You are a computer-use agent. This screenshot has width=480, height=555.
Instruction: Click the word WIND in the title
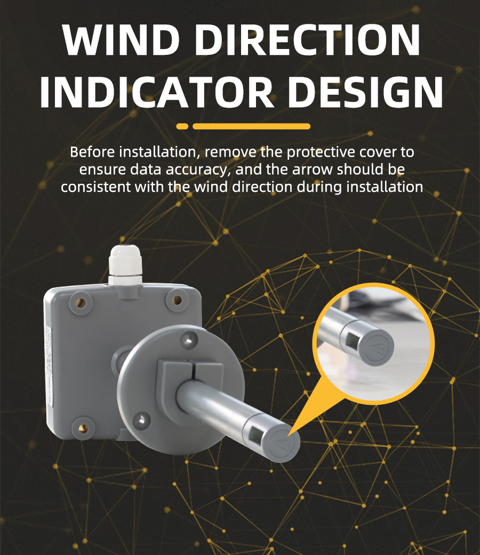[121, 39]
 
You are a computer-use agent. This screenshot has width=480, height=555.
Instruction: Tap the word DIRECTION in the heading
[308, 39]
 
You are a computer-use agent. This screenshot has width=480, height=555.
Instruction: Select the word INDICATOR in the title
[157, 92]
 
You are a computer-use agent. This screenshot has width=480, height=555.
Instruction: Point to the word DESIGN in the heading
[365, 92]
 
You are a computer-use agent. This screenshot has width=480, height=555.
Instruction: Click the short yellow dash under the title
[182, 126]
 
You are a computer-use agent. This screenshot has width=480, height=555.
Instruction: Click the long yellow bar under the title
[251, 126]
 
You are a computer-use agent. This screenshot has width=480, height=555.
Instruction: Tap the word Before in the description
[92, 152]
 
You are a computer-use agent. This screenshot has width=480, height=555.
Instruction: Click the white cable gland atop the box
[125, 265]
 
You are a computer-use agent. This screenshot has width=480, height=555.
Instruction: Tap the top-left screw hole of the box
[81, 303]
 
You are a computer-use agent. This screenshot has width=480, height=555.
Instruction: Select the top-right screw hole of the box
[177, 300]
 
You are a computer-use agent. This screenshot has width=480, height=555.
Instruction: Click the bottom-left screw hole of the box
[83, 429]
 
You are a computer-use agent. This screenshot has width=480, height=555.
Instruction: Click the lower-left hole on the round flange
[141, 420]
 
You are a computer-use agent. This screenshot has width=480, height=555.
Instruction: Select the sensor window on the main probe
[256, 434]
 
